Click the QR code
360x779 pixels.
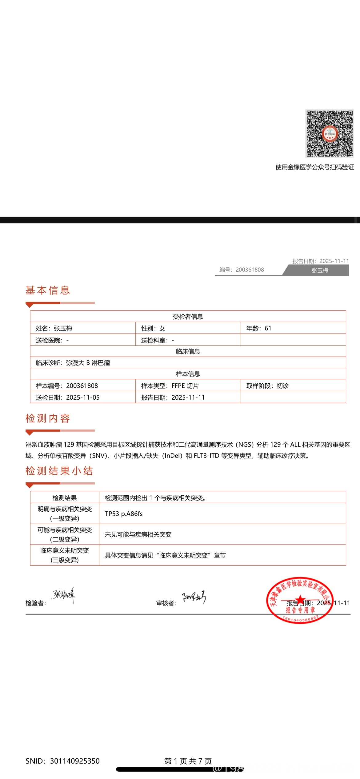click(330, 134)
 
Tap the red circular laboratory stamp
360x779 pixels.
click(300, 600)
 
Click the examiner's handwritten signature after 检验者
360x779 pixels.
click(63, 595)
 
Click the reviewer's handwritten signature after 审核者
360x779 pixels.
click(194, 597)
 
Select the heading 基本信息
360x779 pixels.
click(48, 290)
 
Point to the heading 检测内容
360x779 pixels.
click(48, 418)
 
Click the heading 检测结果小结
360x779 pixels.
click(59, 471)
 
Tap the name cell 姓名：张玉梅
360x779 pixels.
click(54, 328)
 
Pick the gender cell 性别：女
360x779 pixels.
click(153, 328)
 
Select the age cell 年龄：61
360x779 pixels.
click(259, 328)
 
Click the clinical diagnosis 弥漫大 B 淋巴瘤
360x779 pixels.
click(88, 363)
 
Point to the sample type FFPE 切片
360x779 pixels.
click(185, 386)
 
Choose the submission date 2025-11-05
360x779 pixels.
click(83, 397)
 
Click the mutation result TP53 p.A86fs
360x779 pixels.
click(124, 514)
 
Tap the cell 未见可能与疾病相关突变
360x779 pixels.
click(138, 534)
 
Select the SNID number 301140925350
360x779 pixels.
click(75, 761)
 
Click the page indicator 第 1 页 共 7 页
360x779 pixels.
click(188, 761)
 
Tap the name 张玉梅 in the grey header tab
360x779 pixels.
click(320, 270)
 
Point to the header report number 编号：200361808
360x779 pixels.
click(242, 270)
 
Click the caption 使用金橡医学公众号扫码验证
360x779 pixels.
click(314, 167)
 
